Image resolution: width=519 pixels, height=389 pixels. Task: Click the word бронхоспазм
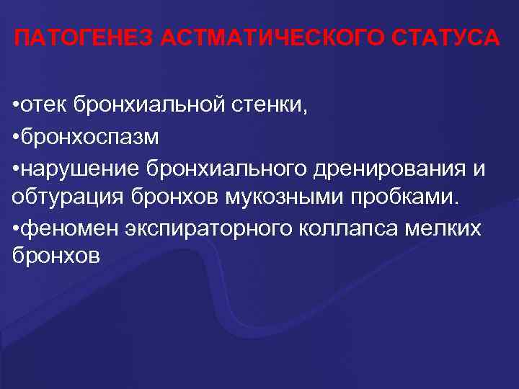click(x=89, y=137)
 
